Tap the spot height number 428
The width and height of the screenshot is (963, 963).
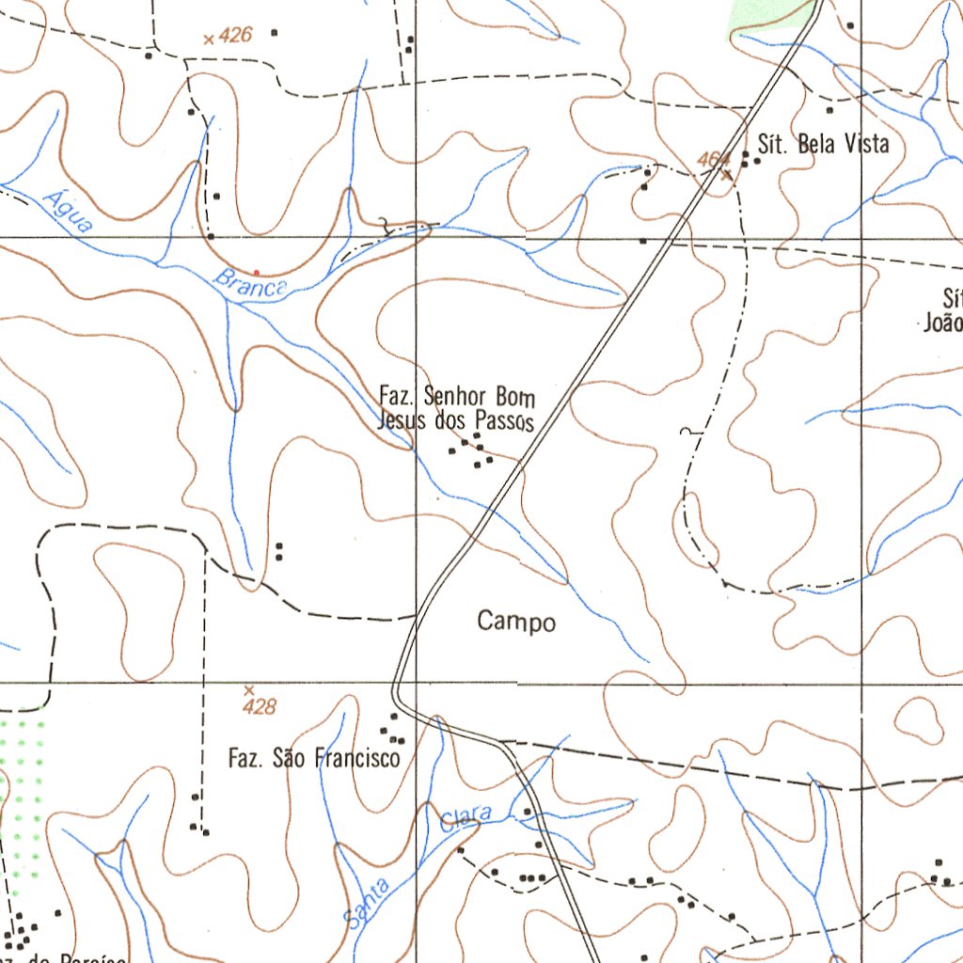coord(259,706)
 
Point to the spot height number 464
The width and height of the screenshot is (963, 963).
coord(714,160)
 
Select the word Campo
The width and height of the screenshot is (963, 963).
coord(516,622)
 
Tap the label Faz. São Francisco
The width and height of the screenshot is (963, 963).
coord(314,757)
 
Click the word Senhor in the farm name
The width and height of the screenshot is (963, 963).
coord(455,395)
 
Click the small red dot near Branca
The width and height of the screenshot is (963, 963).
coord(256,273)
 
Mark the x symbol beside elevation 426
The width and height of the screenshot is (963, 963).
coord(208,39)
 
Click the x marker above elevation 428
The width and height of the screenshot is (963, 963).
coord(248,689)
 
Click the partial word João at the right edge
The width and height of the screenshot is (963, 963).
coord(943,323)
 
